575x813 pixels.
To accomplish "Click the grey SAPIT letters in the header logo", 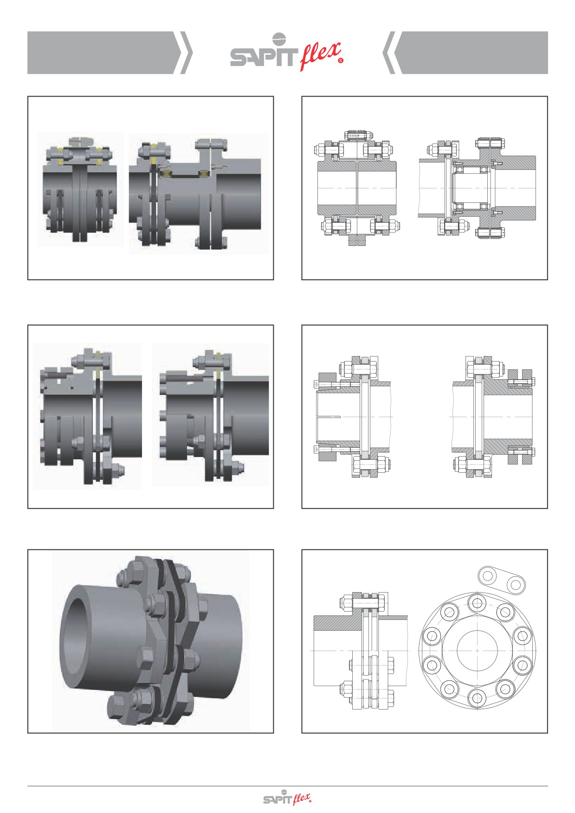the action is [x=263, y=58].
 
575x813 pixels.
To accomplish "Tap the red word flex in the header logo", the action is [x=320, y=55].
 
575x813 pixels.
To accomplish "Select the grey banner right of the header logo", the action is [x=474, y=52].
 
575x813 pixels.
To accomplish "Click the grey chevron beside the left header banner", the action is [x=186, y=52].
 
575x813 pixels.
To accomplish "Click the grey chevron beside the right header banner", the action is [x=389, y=52].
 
